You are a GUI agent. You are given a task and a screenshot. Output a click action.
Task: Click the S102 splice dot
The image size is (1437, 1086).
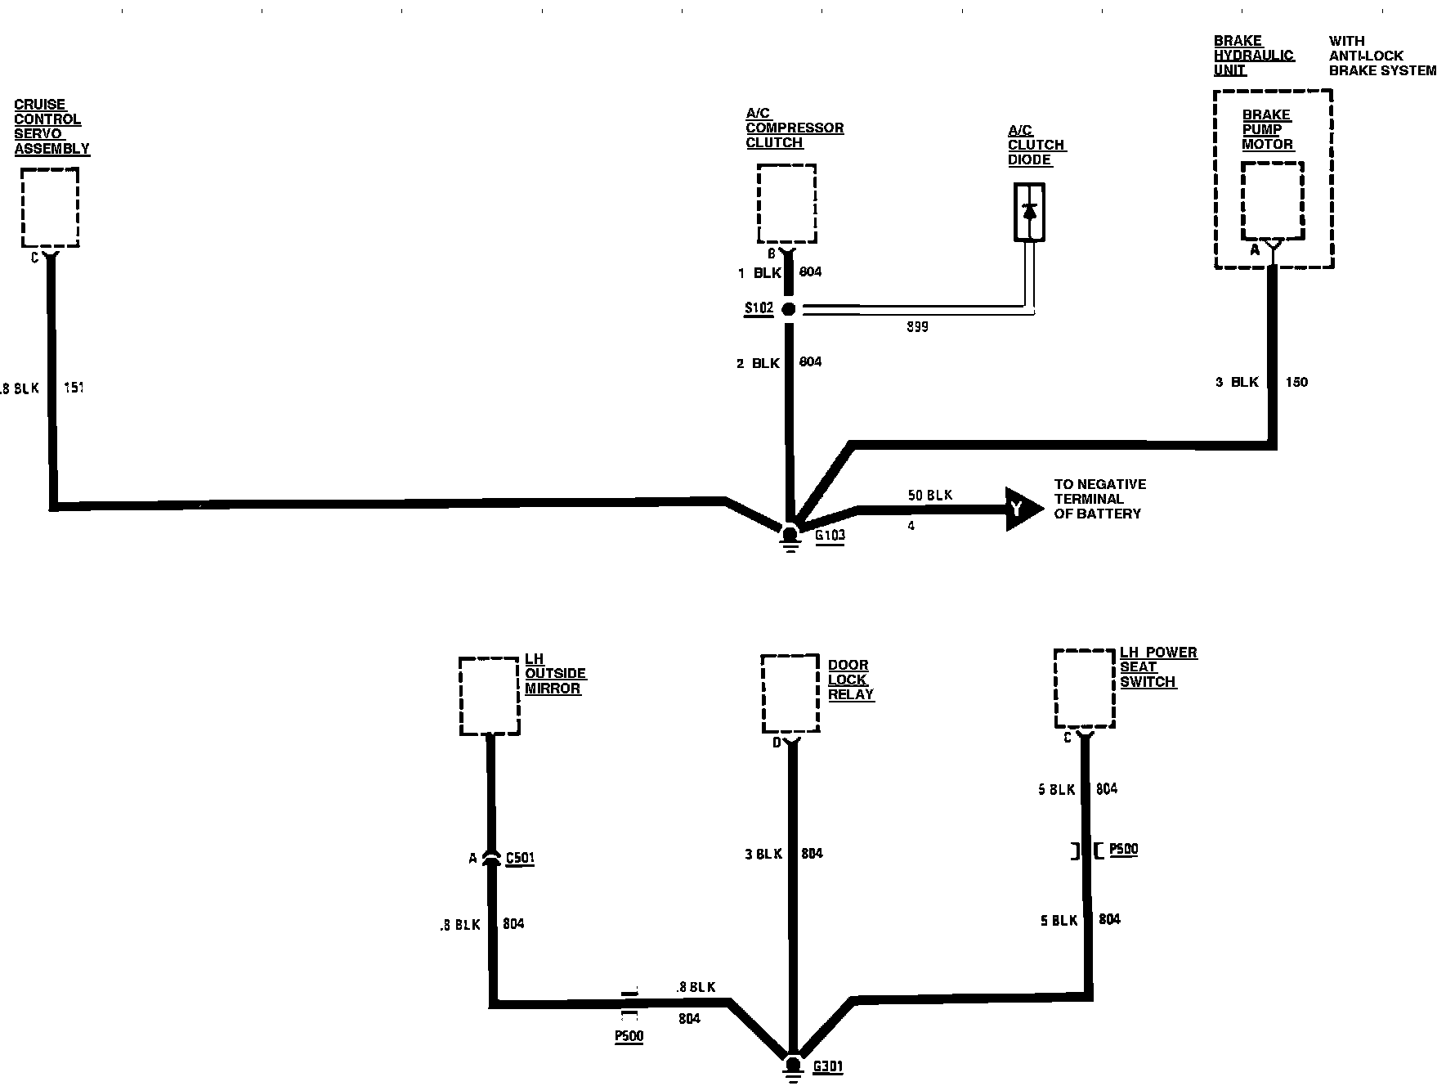tap(789, 309)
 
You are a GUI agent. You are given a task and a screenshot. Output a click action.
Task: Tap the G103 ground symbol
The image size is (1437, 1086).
tap(790, 539)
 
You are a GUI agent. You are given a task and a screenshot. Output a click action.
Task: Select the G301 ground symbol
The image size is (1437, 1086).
tap(792, 1069)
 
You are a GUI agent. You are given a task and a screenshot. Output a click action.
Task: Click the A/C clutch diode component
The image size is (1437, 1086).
tap(1029, 213)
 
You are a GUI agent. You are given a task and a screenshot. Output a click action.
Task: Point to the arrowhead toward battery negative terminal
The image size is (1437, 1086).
tap(1023, 509)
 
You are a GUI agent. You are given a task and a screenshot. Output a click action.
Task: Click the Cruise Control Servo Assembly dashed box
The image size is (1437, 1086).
tap(50, 207)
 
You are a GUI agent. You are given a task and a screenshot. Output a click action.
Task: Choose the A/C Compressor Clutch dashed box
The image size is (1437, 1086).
tap(786, 203)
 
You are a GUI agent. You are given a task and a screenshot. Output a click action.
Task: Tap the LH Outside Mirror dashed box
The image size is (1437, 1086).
tap(489, 695)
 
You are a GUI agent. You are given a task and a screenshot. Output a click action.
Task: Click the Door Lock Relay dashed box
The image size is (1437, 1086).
tap(790, 693)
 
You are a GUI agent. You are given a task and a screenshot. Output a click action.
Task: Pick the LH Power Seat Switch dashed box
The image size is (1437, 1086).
tap(1084, 687)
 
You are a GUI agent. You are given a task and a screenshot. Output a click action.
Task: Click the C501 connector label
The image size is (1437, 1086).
tap(520, 858)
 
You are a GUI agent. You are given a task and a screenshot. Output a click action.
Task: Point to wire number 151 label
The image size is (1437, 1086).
tap(74, 388)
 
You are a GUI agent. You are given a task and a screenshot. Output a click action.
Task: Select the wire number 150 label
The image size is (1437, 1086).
tap(1296, 382)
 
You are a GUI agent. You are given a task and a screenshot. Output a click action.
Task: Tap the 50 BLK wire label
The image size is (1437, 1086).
tap(929, 495)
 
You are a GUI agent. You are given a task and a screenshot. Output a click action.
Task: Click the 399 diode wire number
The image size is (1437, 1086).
tap(917, 327)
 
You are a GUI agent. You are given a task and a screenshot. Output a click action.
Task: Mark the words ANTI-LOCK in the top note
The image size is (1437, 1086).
tap(1366, 56)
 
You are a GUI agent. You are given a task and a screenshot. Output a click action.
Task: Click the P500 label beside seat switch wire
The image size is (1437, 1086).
tap(1123, 849)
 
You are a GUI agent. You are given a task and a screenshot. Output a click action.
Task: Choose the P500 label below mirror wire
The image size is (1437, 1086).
tap(629, 1036)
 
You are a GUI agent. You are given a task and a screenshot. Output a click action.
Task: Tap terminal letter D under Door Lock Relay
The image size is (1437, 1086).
tap(777, 743)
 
